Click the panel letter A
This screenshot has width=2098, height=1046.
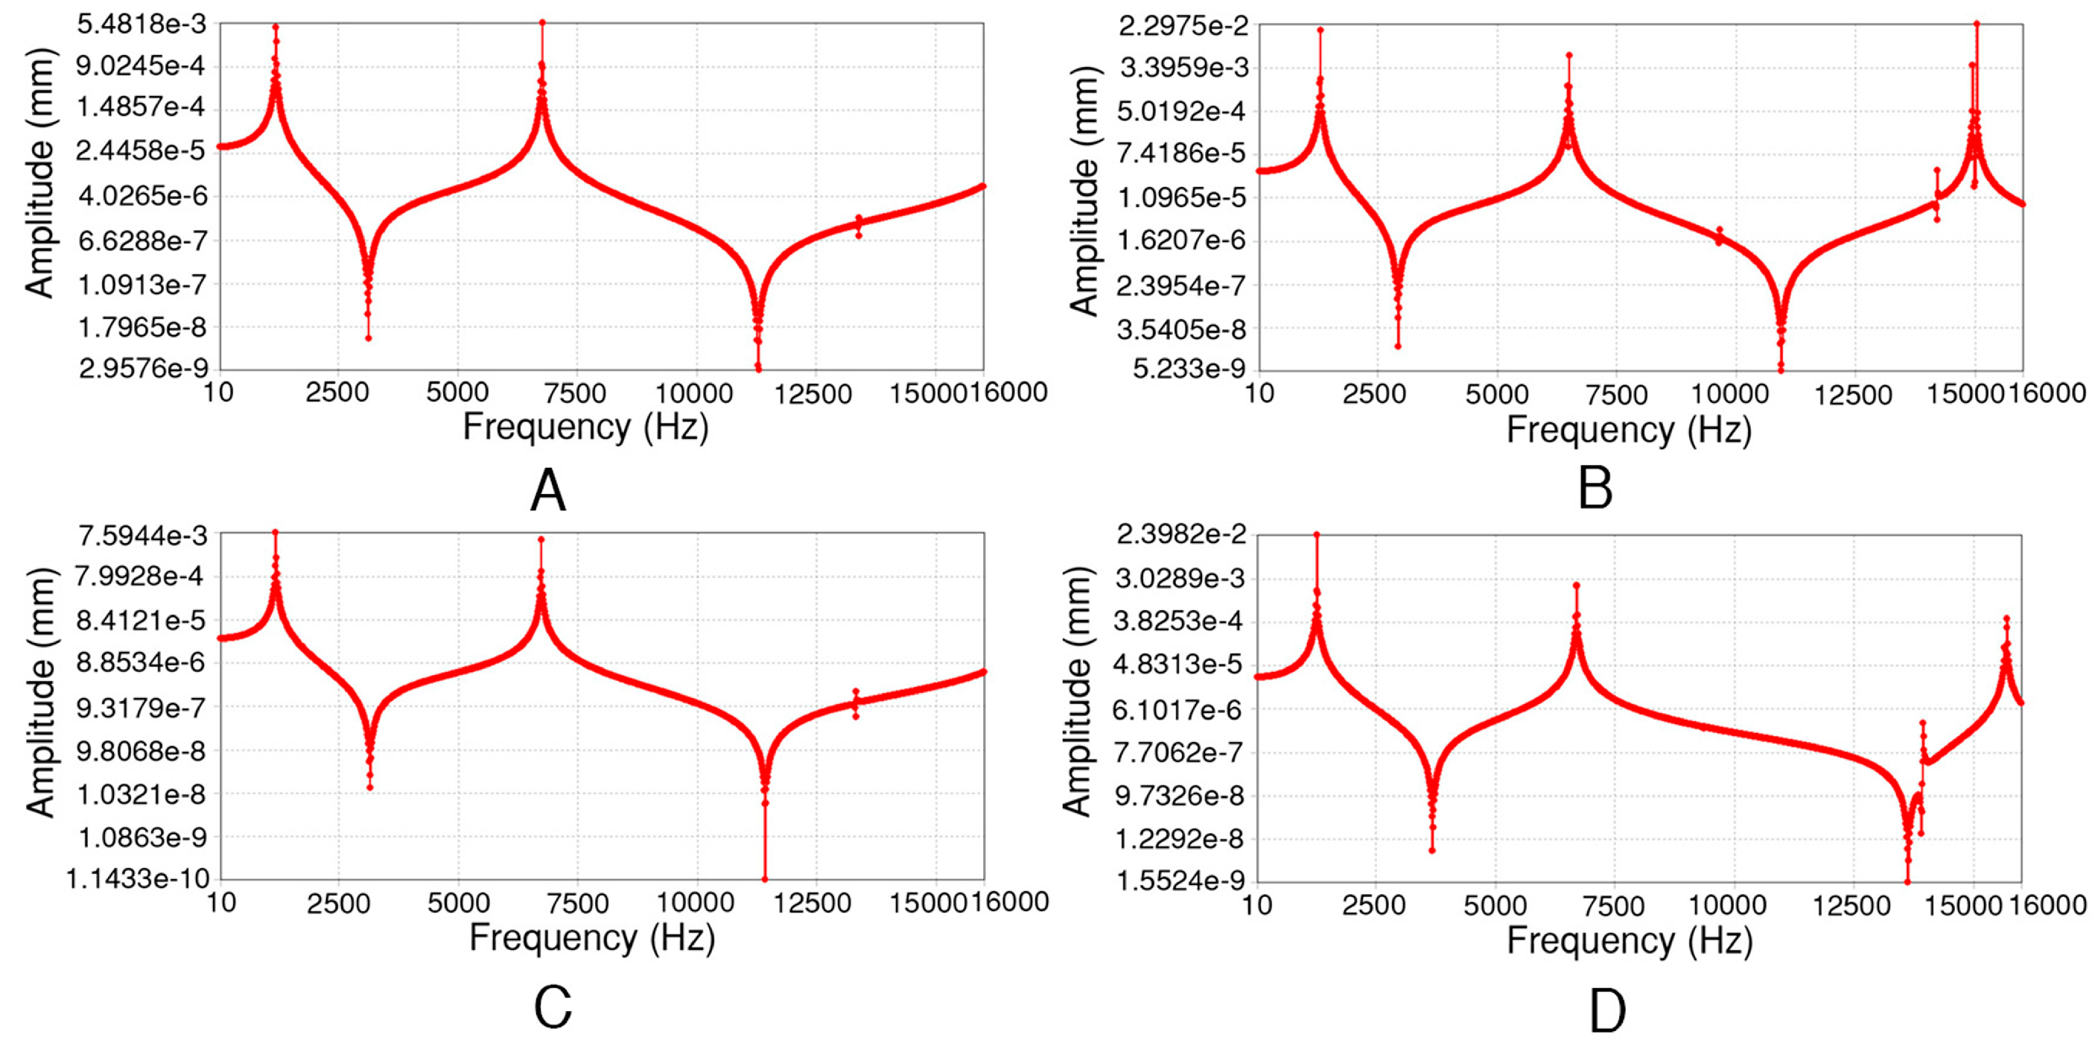click(547, 491)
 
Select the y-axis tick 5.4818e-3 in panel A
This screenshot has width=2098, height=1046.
click(142, 25)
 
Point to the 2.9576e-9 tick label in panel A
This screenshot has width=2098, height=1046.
click(143, 369)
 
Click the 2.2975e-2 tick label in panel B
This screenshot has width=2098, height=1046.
click(1183, 26)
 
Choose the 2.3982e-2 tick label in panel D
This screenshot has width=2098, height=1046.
click(1181, 534)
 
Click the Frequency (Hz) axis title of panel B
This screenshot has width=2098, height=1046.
click(1628, 429)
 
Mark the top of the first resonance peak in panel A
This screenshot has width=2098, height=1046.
click(276, 26)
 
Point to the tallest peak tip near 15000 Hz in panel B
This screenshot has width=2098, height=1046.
click(1976, 24)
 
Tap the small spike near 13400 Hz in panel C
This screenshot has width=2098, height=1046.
click(855, 691)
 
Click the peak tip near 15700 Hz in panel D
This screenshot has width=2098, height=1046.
click(2006, 618)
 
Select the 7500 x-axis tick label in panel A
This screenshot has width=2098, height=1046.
click(575, 393)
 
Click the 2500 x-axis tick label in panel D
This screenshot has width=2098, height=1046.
click(1374, 905)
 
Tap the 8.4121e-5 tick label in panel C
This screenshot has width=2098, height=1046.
click(142, 621)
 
